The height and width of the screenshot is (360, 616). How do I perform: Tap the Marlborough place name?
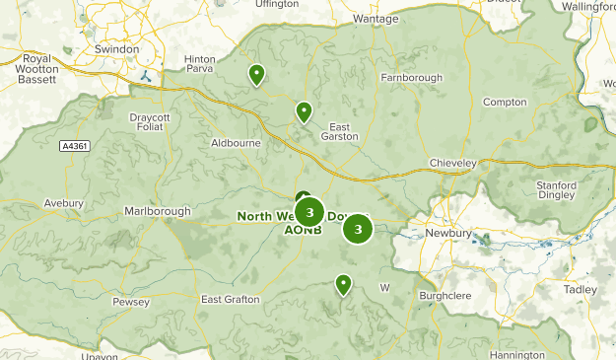157,211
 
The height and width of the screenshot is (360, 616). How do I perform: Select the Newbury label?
448,234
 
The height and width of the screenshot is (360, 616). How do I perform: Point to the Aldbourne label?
236,143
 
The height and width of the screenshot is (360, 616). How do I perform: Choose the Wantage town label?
376,19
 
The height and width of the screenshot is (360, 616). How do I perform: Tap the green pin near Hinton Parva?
256,75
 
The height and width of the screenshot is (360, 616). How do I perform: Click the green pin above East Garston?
305,112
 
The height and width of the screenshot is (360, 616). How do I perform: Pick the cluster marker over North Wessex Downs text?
309,212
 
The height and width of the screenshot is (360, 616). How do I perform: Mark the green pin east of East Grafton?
343,285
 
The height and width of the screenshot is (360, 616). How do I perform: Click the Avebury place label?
63,204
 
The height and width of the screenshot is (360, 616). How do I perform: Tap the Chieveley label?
453,162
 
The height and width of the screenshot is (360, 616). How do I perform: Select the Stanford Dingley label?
556,190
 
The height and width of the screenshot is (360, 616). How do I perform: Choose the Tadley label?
581,289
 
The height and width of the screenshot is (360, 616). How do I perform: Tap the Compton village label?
504,103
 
